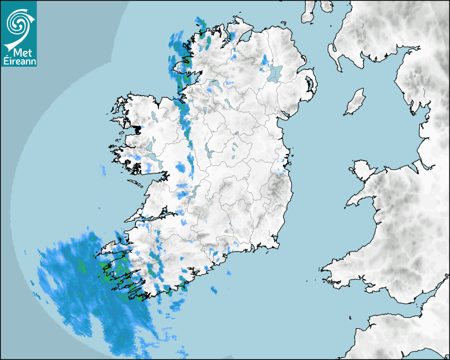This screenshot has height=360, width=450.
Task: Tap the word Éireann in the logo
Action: click(19, 60)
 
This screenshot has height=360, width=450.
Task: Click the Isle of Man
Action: click(355, 102)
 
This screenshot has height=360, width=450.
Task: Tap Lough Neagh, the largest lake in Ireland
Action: click(275, 73)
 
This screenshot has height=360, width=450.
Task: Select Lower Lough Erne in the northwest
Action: click(215, 85)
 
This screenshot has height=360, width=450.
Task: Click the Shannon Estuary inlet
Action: click(154, 217)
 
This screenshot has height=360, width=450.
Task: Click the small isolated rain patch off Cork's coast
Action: click(214, 290)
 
